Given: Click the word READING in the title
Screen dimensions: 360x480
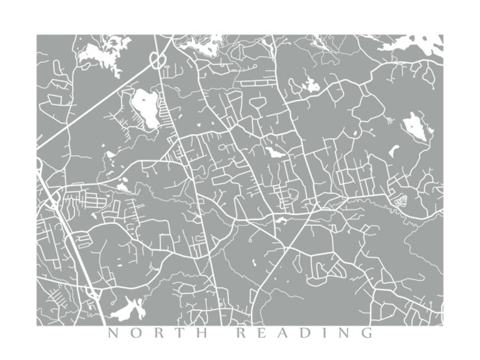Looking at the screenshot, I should [304, 333].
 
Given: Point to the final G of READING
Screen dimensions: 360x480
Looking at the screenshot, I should [366, 333].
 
